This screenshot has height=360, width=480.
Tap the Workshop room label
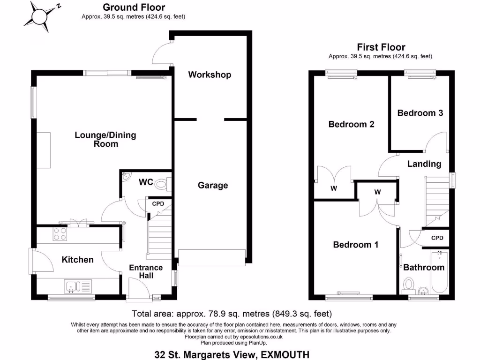(x=210, y=75)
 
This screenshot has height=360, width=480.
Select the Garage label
(x=212, y=185)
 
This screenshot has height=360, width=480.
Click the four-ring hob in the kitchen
(x=60, y=233)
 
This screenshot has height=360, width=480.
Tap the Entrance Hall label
(x=146, y=271)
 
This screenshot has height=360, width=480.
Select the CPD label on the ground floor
(x=158, y=204)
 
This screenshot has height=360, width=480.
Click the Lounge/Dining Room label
(x=105, y=139)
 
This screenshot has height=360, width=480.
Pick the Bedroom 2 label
(x=351, y=124)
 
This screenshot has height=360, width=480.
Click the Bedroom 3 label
(x=420, y=113)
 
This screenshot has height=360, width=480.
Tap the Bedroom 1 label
(x=356, y=245)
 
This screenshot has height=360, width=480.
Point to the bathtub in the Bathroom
(x=440, y=274)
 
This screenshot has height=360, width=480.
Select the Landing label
(x=424, y=164)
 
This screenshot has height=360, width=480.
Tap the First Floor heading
(x=381, y=47)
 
